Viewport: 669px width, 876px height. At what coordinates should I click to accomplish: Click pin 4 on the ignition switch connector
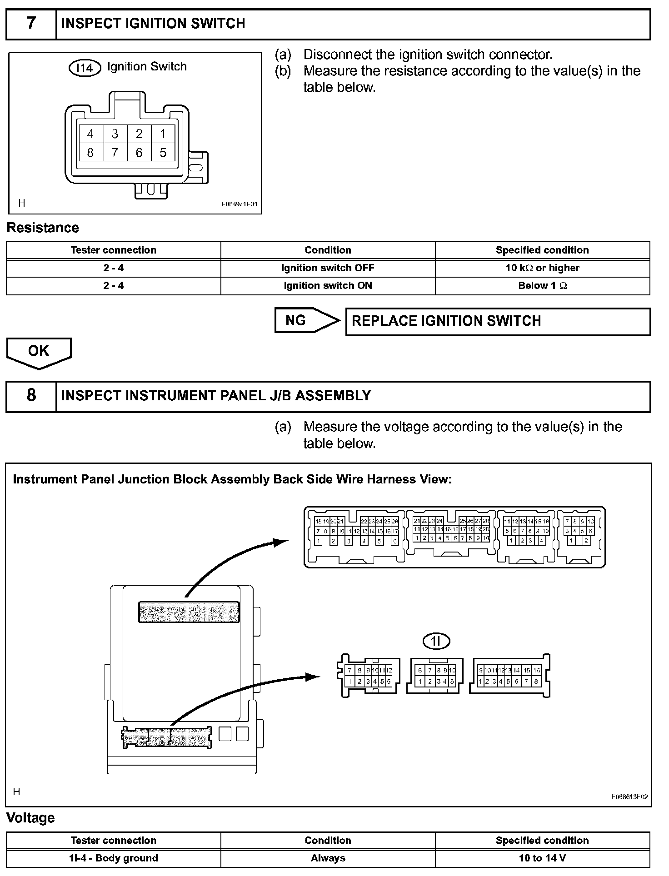coord(90,134)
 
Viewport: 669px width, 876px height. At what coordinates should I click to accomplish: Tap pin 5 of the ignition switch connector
coord(163,153)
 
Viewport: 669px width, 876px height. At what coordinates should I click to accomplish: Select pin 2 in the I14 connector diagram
coord(139,134)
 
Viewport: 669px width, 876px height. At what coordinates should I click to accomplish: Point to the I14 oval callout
coord(85,68)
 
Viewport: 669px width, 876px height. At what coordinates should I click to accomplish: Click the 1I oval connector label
coord(436,641)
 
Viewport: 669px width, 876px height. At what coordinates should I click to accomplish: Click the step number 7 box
coord(31,24)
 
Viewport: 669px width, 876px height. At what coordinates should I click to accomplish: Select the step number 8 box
coord(31,396)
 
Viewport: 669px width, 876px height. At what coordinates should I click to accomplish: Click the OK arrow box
coord(39,353)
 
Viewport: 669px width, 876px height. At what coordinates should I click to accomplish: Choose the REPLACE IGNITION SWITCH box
coord(498,322)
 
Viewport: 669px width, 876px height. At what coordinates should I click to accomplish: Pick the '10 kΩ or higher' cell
coord(542,268)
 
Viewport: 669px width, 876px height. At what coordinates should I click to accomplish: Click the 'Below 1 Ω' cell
coord(542,286)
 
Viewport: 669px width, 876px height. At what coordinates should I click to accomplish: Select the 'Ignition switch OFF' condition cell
coord(328,268)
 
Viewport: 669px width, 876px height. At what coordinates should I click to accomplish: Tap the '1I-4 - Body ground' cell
coord(114,858)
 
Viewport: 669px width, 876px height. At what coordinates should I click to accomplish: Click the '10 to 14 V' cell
coord(542,858)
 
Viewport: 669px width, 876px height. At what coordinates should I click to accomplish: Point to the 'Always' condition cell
coord(328,858)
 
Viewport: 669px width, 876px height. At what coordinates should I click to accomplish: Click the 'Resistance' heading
coord(43,228)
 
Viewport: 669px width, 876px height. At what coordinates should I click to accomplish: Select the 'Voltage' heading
coord(30,818)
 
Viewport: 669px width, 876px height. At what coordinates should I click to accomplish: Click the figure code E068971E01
coord(239,204)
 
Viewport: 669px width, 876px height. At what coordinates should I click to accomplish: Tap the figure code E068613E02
coord(629,797)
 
